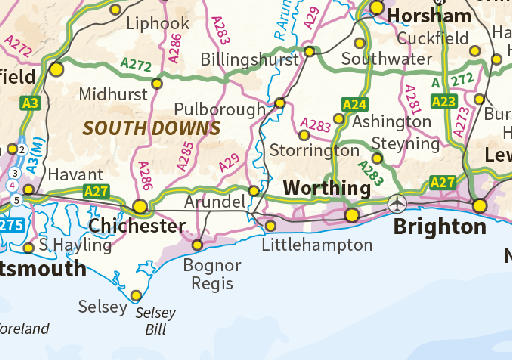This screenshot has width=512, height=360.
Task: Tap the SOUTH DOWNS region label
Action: coord(151,128)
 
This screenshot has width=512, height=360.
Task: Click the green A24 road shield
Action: coord(354,104)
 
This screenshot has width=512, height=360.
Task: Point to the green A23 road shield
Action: coord(443,100)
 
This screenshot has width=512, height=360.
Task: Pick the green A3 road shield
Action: coord(30,102)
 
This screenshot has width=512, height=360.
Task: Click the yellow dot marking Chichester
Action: coord(140,206)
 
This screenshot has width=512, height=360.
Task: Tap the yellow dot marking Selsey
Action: coord(136,295)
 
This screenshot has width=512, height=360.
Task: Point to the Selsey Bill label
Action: coord(155,320)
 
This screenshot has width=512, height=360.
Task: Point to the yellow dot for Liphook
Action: coord(115,10)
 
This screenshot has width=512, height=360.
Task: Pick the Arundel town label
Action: coord(215,202)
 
